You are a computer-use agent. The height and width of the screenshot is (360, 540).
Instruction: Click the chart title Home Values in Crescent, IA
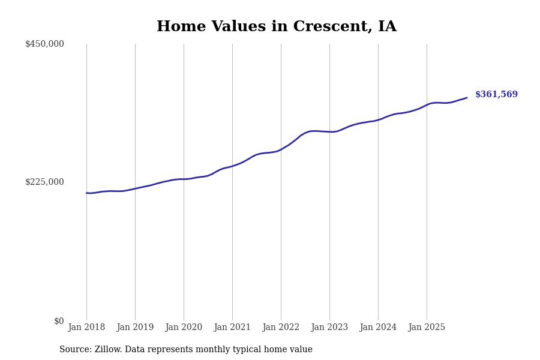coord(277,27)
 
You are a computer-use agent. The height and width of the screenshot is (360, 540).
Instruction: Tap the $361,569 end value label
coord(496,95)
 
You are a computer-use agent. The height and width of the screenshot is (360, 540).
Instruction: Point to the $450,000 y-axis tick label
coord(44,44)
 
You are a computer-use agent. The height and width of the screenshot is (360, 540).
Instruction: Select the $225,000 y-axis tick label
coord(44,182)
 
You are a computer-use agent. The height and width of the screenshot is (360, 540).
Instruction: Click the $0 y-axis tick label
coord(59,321)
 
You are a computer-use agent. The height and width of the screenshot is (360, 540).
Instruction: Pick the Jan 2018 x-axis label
coord(86,328)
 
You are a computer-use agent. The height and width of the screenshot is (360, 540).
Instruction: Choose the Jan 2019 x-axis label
coord(135,328)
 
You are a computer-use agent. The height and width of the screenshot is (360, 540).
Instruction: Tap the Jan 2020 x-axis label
coord(184,328)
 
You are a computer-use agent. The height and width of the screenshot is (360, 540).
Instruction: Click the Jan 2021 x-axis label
coord(232,328)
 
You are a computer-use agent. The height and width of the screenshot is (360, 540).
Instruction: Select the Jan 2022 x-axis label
coord(281,328)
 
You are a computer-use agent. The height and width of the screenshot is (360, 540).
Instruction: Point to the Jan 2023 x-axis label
coord(329,328)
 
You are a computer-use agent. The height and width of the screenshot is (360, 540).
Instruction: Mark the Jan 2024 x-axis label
coord(378,328)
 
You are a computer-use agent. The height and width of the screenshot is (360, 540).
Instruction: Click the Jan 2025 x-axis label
coord(427,328)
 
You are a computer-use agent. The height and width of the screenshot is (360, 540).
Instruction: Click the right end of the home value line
coord(467,98)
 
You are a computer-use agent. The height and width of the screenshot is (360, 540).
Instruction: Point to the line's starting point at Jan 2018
coord(86,193)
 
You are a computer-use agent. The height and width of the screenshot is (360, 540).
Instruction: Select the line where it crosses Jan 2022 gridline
coord(281,149)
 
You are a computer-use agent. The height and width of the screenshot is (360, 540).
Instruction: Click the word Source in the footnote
coord(75,350)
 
